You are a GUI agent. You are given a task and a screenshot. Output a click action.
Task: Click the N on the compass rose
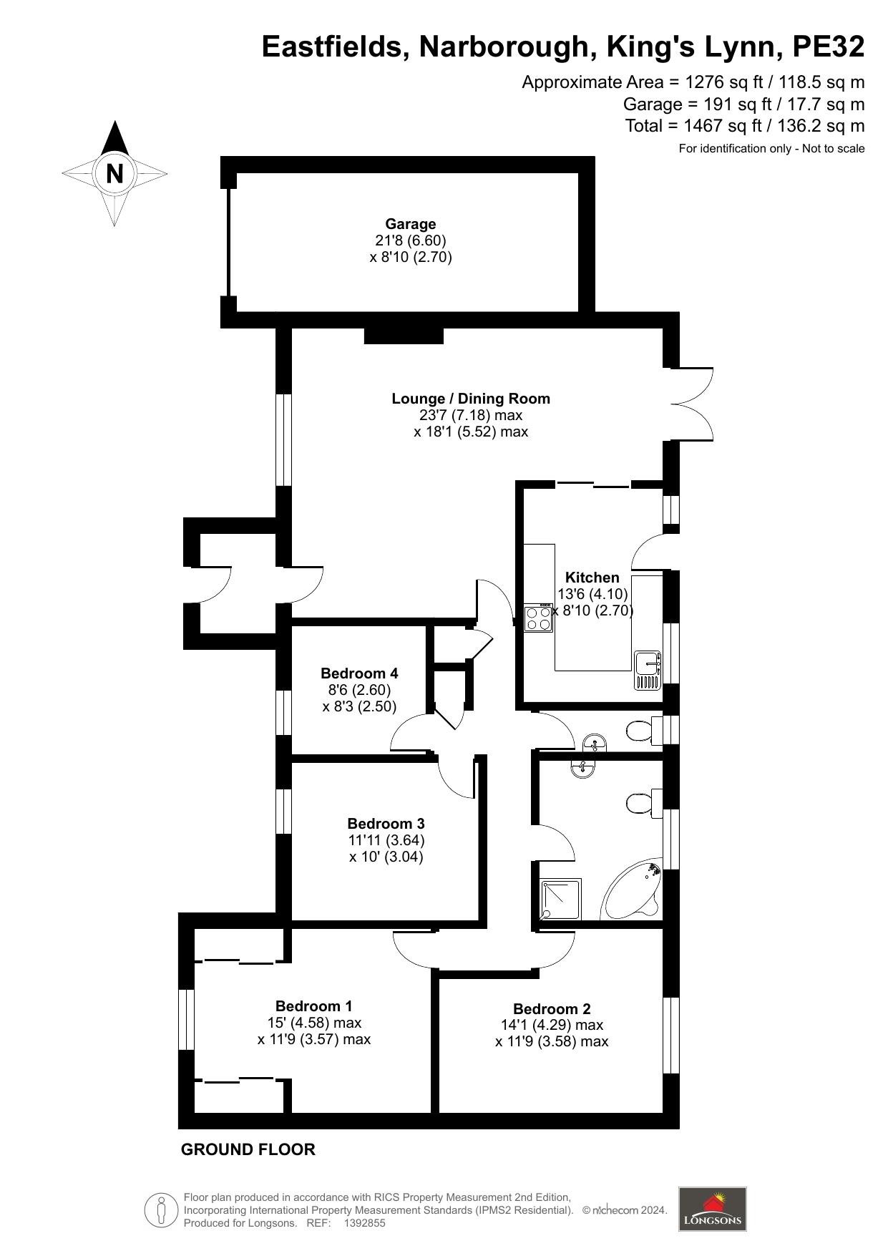[114, 173]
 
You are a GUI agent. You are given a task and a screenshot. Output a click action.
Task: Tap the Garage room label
[411, 224]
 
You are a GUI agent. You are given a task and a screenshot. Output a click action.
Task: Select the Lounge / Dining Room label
[470, 399]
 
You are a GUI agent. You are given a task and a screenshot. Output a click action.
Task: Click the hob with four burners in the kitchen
[538, 618]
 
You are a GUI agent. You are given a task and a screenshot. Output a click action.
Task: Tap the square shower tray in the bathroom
[560, 899]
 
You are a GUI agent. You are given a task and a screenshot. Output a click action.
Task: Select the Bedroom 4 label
[359, 673]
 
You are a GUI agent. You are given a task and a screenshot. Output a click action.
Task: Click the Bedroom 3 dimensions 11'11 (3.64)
[386, 840]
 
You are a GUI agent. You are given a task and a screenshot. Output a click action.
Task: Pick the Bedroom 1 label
[313, 1007]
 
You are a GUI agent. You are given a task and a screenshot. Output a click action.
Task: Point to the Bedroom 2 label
[552, 1009]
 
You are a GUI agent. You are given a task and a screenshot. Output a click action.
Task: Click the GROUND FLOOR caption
[248, 1149]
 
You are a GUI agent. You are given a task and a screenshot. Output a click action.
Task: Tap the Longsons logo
[712, 1209]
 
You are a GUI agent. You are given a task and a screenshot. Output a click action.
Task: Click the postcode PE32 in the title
[828, 47]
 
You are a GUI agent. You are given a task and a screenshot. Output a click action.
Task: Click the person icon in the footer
[161, 1209]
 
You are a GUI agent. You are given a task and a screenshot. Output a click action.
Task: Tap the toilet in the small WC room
[638, 731]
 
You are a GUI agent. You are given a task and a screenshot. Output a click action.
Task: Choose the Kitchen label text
[592, 578]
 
